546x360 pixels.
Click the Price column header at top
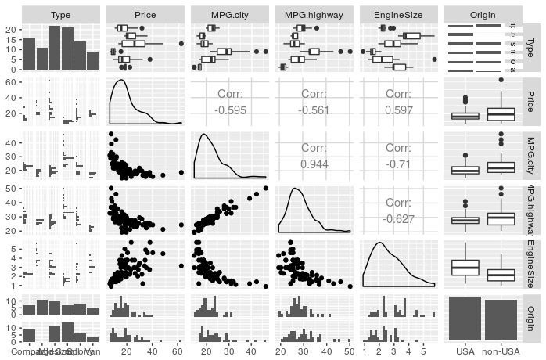(145, 15)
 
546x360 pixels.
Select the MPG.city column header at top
(229, 15)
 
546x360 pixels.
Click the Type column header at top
(60, 15)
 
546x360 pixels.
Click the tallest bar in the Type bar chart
(55, 48)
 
